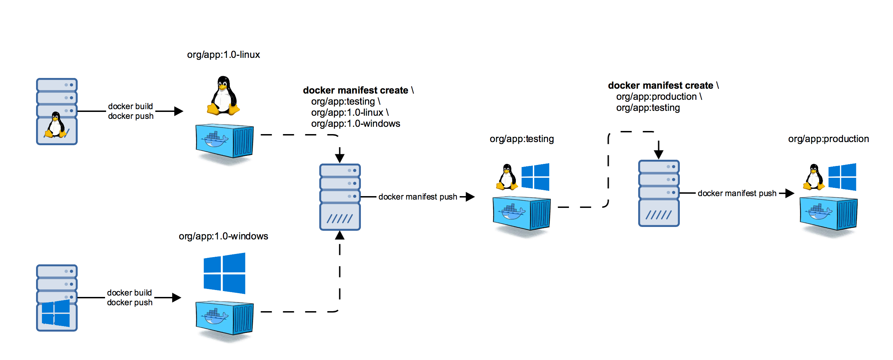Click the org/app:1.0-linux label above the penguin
(x=223, y=55)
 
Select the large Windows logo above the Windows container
(x=224, y=273)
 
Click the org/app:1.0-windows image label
(x=223, y=236)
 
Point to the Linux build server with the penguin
(x=57, y=111)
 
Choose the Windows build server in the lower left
(x=57, y=298)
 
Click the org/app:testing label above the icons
(x=521, y=139)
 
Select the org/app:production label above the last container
(x=828, y=139)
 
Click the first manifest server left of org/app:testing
(x=340, y=197)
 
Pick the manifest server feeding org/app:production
(x=658, y=193)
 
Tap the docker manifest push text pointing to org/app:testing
(x=417, y=197)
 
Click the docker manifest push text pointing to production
(x=737, y=193)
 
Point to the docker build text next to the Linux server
(x=130, y=106)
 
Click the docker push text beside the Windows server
(x=130, y=302)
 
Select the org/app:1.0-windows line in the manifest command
(x=355, y=124)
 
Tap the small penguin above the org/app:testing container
(x=507, y=177)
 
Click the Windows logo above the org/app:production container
(x=842, y=177)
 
